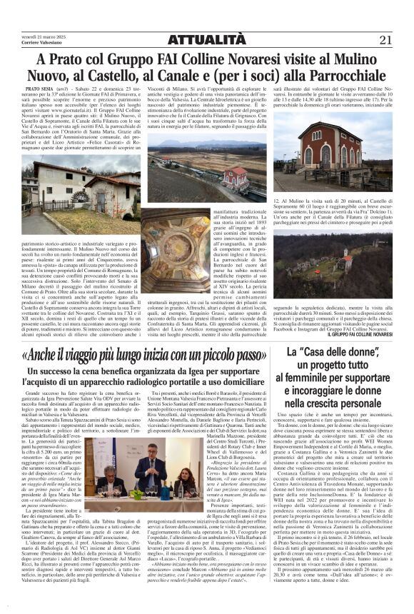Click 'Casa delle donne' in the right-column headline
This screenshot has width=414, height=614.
coord(337,353)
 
